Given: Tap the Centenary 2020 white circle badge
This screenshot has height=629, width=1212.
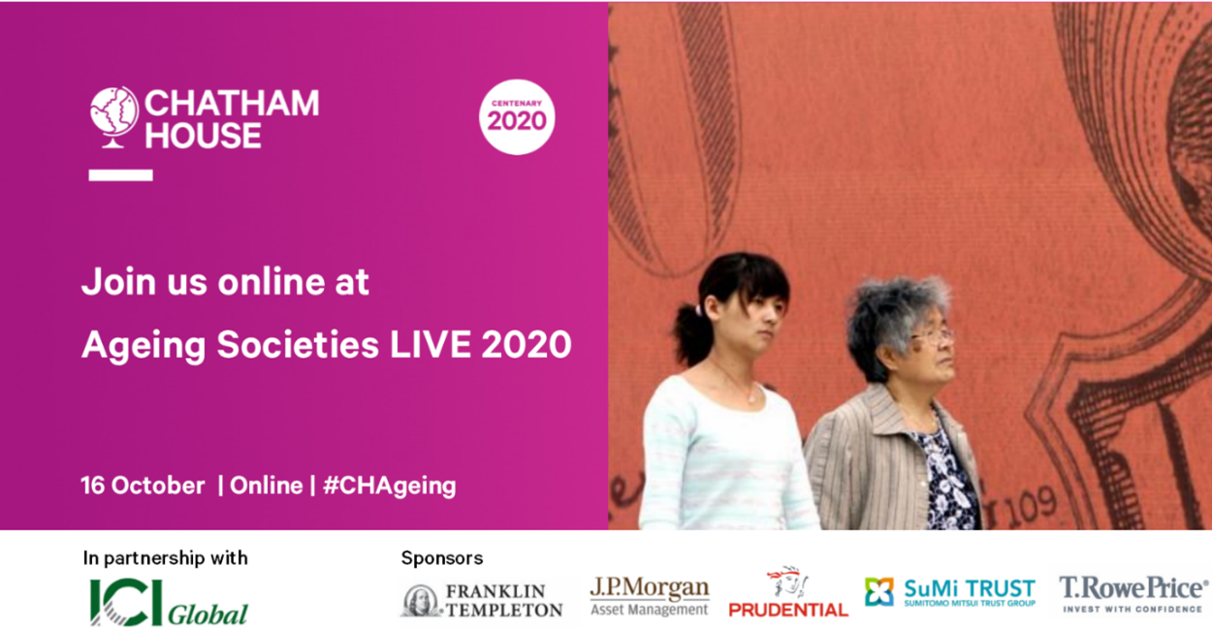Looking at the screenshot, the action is (x=517, y=117).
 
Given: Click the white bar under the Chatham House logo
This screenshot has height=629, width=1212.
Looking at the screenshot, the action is (x=120, y=175).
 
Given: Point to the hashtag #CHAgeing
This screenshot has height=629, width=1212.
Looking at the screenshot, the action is (x=389, y=487).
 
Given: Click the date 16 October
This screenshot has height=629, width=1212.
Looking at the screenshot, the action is (x=143, y=486).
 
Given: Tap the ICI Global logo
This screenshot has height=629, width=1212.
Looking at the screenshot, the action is (x=169, y=602).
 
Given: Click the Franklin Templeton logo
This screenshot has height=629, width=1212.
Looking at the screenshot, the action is (x=482, y=600).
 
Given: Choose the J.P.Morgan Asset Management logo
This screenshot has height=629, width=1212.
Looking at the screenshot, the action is (x=650, y=596).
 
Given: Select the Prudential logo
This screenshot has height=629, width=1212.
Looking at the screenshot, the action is (x=788, y=594).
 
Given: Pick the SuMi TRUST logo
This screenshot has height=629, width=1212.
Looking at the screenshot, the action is (x=950, y=591).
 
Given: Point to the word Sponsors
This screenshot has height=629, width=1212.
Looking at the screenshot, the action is (x=442, y=558).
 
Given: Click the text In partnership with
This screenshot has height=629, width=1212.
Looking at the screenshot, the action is (x=166, y=558).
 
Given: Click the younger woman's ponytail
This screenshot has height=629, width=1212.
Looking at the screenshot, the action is (x=689, y=334).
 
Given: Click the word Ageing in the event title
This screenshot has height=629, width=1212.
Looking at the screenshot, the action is (x=144, y=345).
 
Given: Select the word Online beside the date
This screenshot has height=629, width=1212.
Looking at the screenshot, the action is (x=267, y=486).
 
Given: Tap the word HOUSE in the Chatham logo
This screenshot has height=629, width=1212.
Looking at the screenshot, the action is (x=203, y=135).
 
